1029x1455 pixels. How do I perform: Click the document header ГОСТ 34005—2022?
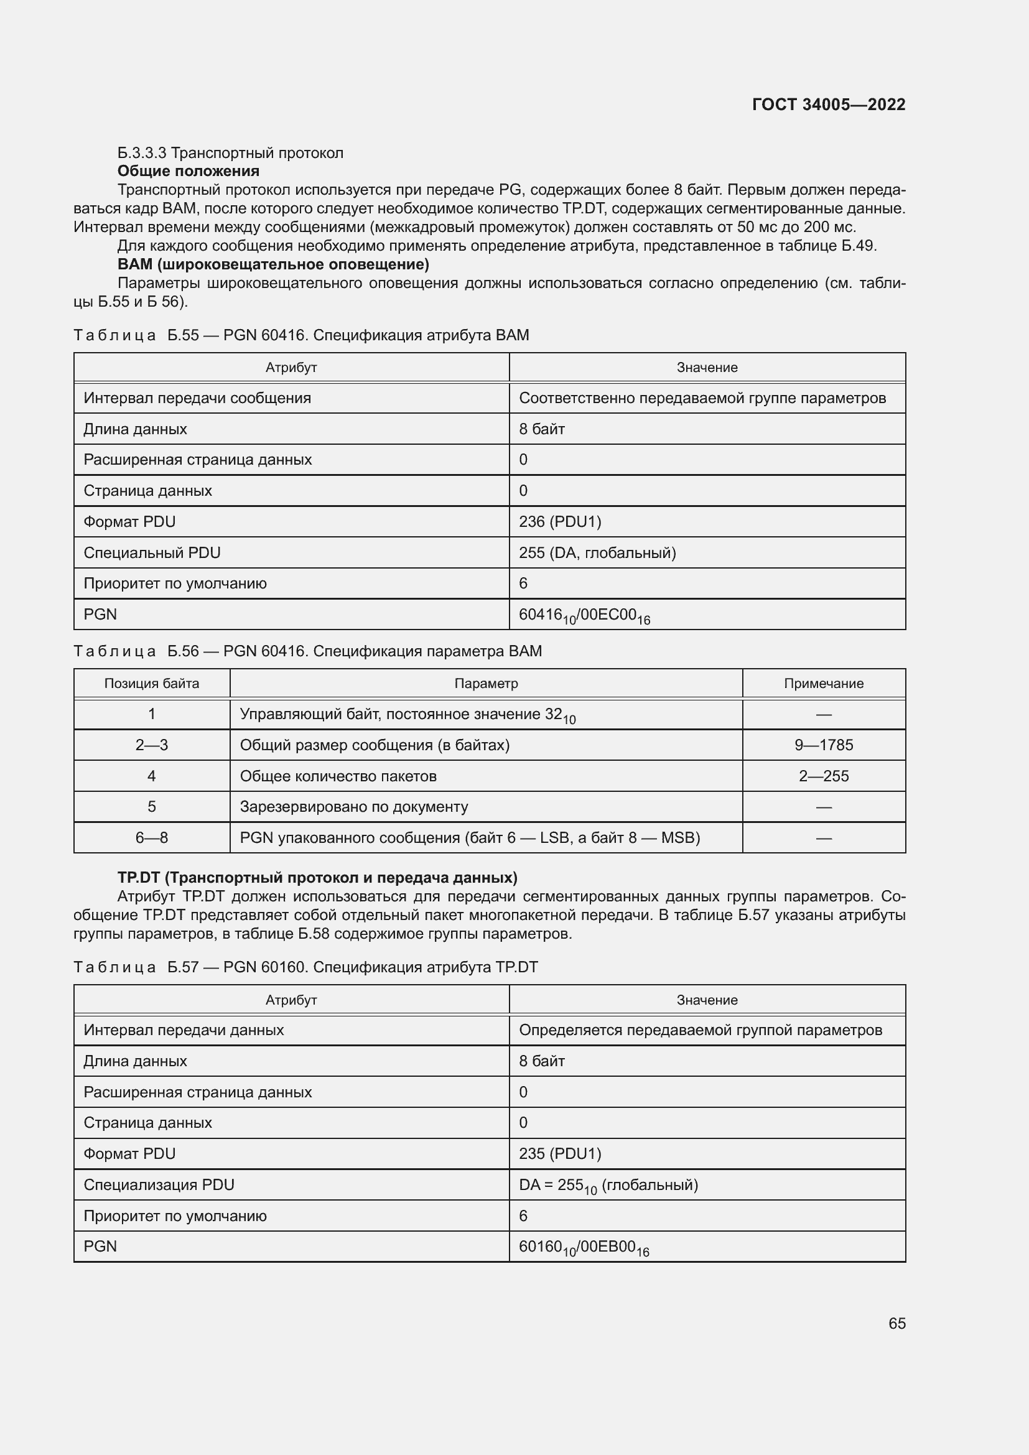tap(828, 105)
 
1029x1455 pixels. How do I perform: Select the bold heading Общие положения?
tap(188, 171)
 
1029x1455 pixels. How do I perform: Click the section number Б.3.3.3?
tap(142, 153)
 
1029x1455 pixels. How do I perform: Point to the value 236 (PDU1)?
tap(559, 521)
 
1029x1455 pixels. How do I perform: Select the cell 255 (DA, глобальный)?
tap(597, 552)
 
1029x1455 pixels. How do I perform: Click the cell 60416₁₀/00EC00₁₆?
tap(584, 615)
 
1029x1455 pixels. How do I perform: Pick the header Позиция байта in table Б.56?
tap(151, 684)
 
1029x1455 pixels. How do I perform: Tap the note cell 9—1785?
tap(823, 745)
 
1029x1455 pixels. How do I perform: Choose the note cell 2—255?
tap(823, 776)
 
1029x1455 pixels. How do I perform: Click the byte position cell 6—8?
tap(151, 838)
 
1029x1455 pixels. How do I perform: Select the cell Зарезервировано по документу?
tap(353, 807)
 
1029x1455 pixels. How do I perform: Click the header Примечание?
tap(823, 684)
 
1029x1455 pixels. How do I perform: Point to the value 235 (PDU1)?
tap(559, 1153)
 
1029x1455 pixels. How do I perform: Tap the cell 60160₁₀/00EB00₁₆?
tap(584, 1247)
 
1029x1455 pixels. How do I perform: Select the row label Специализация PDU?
tap(159, 1184)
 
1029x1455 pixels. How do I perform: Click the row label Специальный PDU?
tap(152, 552)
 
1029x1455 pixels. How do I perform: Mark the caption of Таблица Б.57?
tap(305, 967)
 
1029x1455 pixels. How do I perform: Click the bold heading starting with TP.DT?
tap(317, 878)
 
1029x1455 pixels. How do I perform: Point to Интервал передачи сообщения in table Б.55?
tap(197, 398)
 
